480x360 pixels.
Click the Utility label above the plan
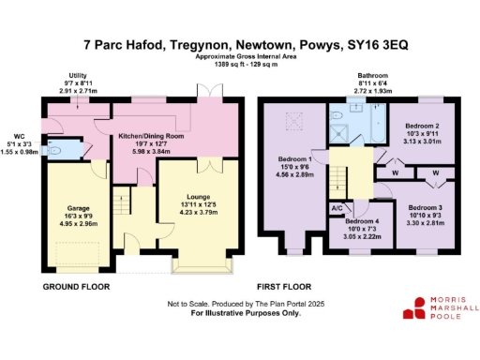[79, 76]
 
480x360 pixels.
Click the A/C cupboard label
[337, 208]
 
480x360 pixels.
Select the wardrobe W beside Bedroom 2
[396, 172]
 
